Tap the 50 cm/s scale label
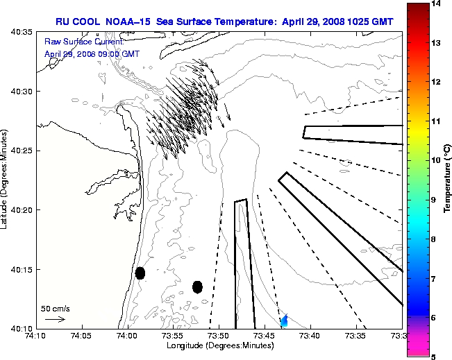tap(55, 308)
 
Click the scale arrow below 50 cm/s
tap(55, 319)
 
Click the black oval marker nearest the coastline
tap(140, 273)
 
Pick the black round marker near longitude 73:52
tap(197, 286)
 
